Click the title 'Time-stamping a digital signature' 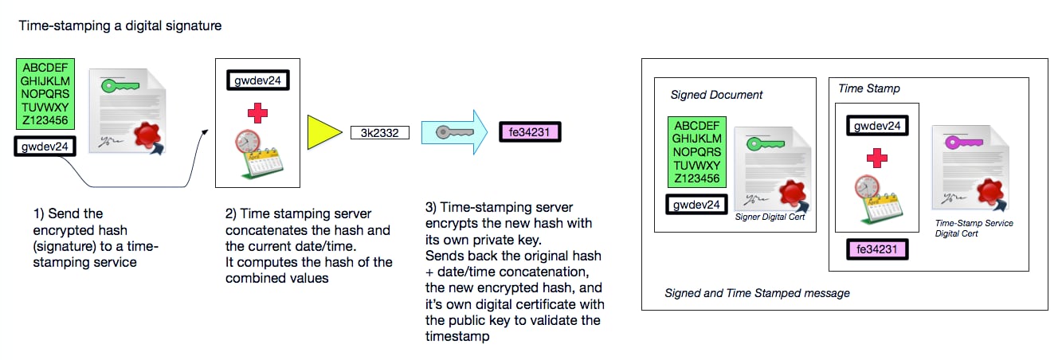120,25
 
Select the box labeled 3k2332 379,131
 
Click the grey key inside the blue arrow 445,131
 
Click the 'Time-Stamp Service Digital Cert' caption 974,228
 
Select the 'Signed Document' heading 716,95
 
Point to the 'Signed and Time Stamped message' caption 757,293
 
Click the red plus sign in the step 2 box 257,114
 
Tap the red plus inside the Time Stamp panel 877,158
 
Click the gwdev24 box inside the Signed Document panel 697,205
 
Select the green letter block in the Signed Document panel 697,152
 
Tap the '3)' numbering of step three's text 431,208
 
